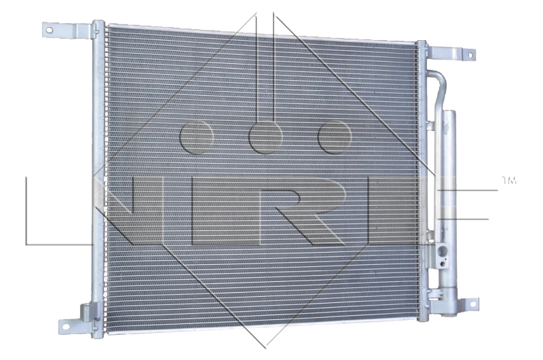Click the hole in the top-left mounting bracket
click(50, 29)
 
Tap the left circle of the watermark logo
click(198, 137)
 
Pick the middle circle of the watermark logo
click(265, 137)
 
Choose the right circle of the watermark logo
click(335, 137)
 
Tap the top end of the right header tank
click(422, 46)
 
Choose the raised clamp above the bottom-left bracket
click(87, 312)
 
